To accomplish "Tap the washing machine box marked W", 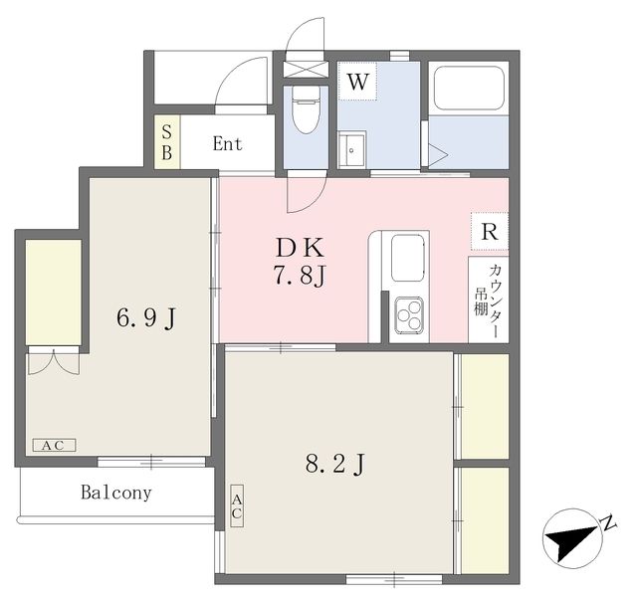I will [358, 83].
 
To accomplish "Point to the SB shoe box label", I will [167, 142].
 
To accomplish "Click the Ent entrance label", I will [227, 144].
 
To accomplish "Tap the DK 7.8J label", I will [301, 262].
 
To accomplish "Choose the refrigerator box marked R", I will [489, 231].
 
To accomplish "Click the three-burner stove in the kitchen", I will [410, 316].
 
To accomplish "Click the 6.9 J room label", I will [146, 318].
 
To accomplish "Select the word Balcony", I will [116, 493].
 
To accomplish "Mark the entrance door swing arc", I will [239, 82].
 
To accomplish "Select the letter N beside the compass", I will [606, 523].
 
